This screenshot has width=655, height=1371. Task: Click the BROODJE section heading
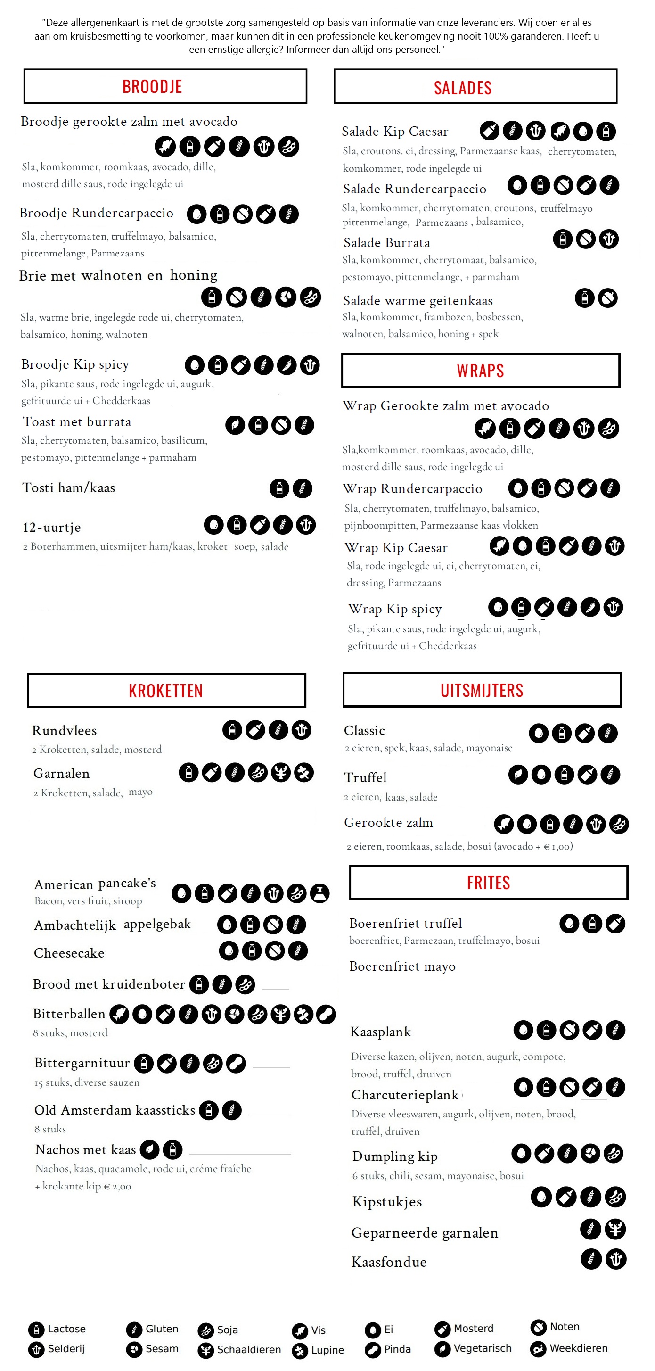152,87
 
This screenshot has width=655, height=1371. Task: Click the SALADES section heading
462,88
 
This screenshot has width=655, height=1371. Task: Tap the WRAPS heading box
480,371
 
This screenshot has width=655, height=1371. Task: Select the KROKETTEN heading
165,690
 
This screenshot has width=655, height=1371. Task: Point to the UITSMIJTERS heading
482,690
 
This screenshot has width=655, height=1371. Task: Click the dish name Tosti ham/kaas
69,487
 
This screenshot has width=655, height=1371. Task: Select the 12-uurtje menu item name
52,528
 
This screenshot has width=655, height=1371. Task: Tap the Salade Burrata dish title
386,243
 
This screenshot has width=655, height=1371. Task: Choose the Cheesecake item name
69,953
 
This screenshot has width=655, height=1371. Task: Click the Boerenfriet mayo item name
402,966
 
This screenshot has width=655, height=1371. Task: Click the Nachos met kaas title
86,1149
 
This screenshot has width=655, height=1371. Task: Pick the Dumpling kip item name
395,1156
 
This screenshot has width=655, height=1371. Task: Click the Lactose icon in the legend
36,1330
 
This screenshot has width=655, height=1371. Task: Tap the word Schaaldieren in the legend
248,1350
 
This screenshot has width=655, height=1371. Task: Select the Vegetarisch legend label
482,1348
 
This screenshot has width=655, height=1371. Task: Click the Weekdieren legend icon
539,1349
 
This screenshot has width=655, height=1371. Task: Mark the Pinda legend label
397,1349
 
